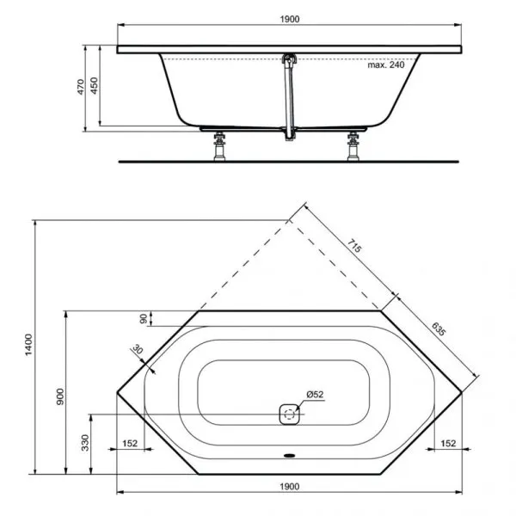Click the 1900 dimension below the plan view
pyautogui.click(x=290, y=486)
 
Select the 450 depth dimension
pyautogui.click(x=95, y=87)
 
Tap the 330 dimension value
pyautogui.click(x=85, y=443)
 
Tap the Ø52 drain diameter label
pyautogui.click(x=314, y=395)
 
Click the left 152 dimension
pyautogui.click(x=130, y=444)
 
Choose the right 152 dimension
pyautogui.click(x=448, y=444)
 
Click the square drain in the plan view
pyautogui.click(x=290, y=415)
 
